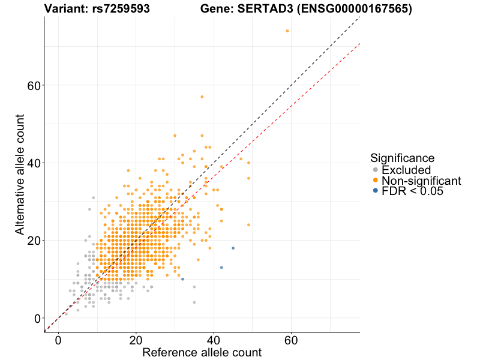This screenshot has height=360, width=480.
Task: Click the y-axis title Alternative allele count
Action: coord(20,174)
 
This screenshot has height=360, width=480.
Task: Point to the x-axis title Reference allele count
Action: coord(202,352)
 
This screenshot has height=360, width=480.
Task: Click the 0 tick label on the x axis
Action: coord(58,340)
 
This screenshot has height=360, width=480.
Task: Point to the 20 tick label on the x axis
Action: coord(136,340)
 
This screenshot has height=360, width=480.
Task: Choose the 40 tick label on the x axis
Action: coord(214,340)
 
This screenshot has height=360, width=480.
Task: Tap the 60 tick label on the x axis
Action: coord(291,340)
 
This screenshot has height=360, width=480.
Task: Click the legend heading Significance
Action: coord(402,158)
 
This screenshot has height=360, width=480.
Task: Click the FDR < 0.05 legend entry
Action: coord(412,191)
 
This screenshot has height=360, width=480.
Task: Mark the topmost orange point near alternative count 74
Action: coord(287,31)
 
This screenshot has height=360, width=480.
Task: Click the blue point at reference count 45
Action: coord(233,248)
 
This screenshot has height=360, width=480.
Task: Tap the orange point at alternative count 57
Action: coord(202,97)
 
